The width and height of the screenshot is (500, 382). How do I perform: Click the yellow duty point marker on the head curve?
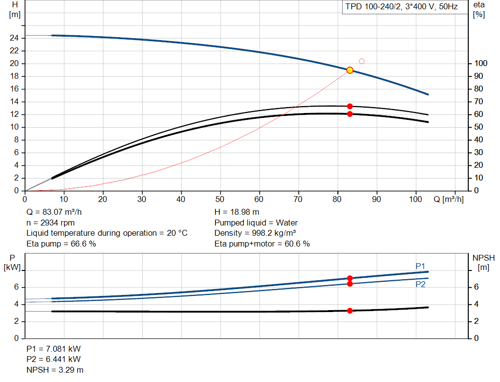(350, 70)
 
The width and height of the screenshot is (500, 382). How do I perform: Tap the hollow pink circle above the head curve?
(362, 61)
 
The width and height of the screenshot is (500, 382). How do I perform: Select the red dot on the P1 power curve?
(350, 278)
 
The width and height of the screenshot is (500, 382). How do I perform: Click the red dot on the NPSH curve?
(350, 311)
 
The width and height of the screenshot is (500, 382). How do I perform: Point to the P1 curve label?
(420, 266)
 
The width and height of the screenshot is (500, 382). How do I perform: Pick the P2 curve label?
(420, 284)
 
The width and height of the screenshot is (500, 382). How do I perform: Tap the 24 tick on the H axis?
(14, 38)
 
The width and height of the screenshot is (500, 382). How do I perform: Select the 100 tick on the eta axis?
(481, 63)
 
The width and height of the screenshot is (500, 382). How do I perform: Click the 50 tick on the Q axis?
(220, 199)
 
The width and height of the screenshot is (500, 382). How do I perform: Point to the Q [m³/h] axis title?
(448, 199)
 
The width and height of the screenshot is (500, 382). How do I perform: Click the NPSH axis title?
(483, 262)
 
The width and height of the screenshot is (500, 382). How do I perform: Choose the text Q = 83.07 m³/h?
(54, 212)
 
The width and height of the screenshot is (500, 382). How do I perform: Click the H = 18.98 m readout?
(237, 212)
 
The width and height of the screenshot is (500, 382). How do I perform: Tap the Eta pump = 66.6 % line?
(61, 244)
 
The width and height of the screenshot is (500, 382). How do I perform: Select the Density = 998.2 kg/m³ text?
(255, 233)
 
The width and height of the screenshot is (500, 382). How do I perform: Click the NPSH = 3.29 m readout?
(55, 370)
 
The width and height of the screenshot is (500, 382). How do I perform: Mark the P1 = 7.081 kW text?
(54, 349)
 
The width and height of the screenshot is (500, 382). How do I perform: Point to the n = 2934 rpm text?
(50, 223)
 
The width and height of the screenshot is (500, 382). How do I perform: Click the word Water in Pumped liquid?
(287, 223)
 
